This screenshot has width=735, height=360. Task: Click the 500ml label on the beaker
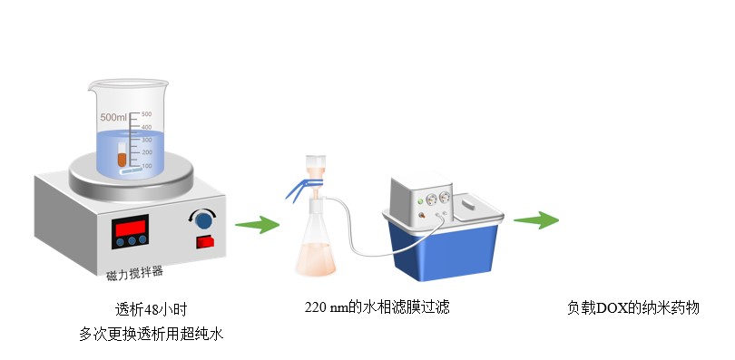tap(113, 117)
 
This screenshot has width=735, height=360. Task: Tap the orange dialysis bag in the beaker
tap(122, 155)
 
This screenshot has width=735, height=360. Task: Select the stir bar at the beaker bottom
tap(131, 171)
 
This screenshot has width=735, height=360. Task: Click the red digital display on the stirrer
tap(131, 228)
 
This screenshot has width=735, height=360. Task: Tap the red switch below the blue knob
tap(205, 242)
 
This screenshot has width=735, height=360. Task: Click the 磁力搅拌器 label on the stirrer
tap(134, 273)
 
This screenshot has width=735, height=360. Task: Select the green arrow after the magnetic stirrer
tap(258, 225)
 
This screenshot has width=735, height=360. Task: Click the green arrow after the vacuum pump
tap(536, 220)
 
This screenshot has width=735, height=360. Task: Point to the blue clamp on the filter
tap(302, 188)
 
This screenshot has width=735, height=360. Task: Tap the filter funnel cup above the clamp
tap(315, 166)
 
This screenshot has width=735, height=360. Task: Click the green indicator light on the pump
tap(420, 201)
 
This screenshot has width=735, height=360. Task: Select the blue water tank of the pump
tap(443, 250)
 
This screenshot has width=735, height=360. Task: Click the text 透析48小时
tap(151, 309)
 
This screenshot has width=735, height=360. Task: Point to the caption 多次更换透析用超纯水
tap(151, 334)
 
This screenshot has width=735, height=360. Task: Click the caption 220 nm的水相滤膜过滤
tap(377, 307)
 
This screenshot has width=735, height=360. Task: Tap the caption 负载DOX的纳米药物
tap(633, 308)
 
